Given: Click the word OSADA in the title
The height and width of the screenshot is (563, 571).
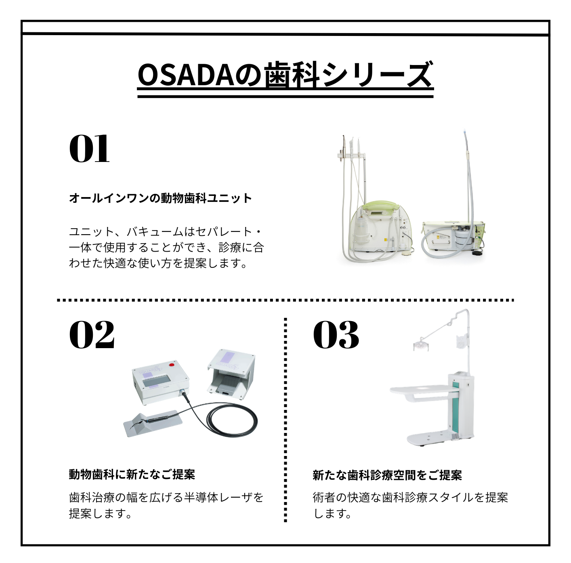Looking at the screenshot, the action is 187,75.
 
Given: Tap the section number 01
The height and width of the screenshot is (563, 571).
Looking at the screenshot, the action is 89,149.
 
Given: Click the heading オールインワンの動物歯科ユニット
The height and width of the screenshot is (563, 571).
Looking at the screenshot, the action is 160,198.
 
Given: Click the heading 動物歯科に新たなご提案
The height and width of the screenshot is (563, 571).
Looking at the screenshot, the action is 132,475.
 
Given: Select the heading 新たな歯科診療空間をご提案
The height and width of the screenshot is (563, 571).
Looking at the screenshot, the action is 387,475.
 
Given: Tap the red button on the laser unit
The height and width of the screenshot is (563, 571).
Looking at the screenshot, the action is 172,364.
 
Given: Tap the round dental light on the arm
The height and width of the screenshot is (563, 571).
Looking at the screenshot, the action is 420,345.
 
